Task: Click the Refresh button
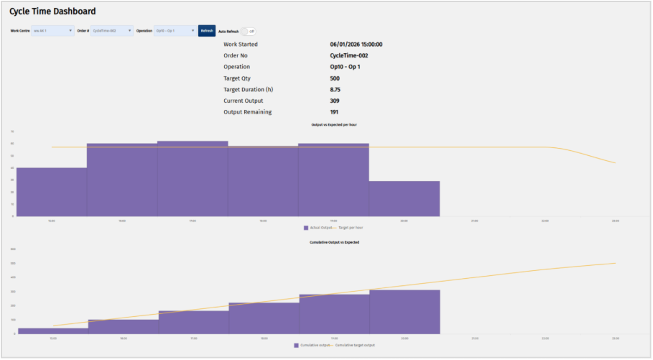click(207, 31)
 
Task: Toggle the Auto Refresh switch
click(246, 31)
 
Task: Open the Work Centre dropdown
click(52, 31)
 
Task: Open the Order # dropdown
click(112, 31)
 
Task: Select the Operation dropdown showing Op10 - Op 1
click(175, 31)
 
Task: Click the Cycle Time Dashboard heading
click(52, 11)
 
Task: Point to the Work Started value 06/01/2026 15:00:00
click(356, 45)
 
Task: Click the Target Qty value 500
click(335, 78)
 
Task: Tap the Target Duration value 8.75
click(335, 90)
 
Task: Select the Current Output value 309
click(335, 101)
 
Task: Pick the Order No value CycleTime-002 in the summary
click(351, 55)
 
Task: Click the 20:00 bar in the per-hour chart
click(404, 198)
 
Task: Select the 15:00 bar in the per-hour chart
click(52, 192)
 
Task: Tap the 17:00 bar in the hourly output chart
click(193, 179)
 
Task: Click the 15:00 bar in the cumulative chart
click(52, 331)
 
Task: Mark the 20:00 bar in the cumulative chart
click(404, 312)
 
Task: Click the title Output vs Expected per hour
click(334, 124)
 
